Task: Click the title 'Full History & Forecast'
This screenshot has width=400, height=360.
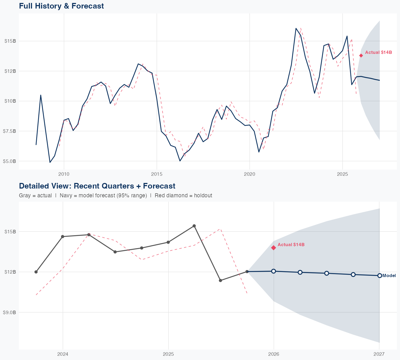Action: point(61,6)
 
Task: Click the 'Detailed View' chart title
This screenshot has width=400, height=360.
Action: point(97,186)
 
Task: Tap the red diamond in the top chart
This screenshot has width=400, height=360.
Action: point(361,55)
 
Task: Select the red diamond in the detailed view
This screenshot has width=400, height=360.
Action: point(274,248)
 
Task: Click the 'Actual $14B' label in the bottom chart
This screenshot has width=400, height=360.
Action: point(291,245)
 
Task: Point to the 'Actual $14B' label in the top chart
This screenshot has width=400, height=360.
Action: point(378,53)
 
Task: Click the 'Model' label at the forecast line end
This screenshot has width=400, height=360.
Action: point(389,276)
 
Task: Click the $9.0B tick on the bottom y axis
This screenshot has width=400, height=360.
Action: point(10,312)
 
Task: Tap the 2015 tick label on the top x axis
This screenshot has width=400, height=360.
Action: point(157,174)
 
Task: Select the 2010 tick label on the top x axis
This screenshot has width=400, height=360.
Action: point(64,174)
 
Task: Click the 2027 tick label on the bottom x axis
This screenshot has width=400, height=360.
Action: point(379,354)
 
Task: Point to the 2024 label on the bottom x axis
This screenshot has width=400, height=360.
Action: point(63,354)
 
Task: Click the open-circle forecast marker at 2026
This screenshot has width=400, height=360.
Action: point(274,271)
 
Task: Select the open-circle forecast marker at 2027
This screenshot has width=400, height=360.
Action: point(379,275)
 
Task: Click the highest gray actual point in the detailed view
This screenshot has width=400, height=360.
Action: point(194,226)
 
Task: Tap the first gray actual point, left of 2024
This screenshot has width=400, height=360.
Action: point(36,272)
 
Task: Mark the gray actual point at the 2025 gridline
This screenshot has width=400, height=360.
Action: point(168,242)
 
